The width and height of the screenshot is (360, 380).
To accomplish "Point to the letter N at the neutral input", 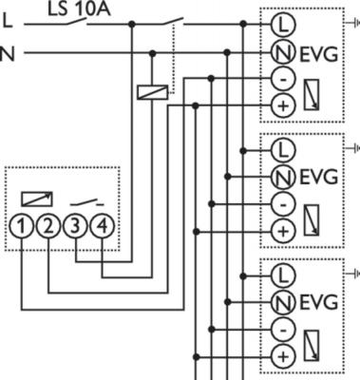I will coord(9,52).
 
